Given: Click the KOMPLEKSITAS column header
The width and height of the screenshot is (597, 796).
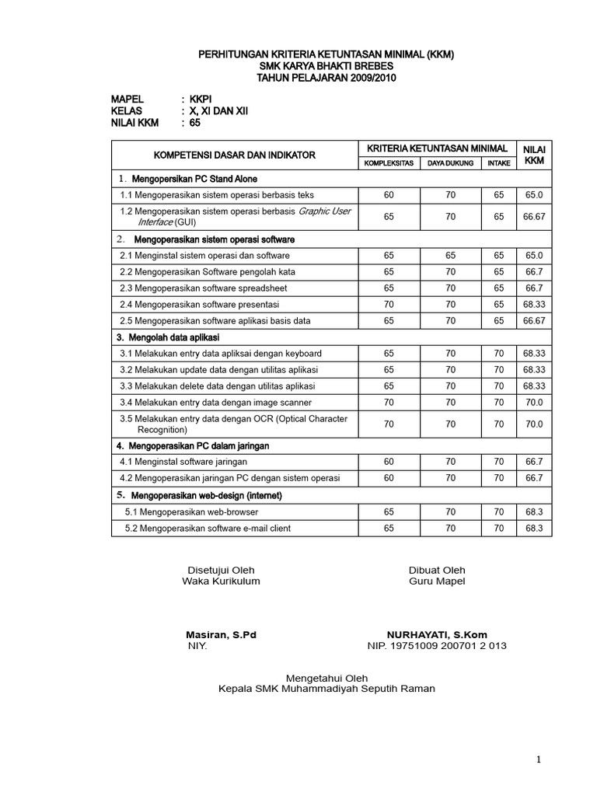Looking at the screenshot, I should click(x=389, y=163).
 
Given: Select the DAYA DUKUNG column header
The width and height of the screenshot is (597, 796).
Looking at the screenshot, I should click(x=451, y=163).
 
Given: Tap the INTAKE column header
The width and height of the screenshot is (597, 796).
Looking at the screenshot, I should click(x=498, y=163).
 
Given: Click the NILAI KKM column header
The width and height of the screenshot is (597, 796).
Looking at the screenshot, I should click(x=534, y=155).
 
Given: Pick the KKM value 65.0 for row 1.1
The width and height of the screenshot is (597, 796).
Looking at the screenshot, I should click(x=534, y=195).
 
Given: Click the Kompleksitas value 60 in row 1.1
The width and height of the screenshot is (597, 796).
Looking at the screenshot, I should click(x=389, y=195).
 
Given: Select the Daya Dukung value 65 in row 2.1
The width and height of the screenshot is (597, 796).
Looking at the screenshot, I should click(x=451, y=255).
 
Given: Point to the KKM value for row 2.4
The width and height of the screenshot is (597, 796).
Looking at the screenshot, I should click(x=534, y=304).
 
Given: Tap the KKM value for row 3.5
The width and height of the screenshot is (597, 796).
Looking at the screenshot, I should click(x=534, y=424).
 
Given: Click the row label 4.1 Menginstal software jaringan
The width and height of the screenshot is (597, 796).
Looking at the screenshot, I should click(x=190, y=462).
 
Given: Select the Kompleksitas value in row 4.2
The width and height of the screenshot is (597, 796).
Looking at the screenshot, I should click(x=389, y=478).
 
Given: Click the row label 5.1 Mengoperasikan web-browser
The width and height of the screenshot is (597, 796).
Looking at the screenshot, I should click(x=191, y=511).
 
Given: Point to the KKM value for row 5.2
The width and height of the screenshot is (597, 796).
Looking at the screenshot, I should click(x=534, y=529).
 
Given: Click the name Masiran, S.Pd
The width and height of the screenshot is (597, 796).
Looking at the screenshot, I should click(x=221, y=634).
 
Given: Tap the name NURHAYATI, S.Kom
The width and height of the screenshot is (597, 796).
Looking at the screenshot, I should click(x=437, y=634).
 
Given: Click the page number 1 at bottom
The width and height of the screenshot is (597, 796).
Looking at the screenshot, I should click(x=539, y=760).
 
